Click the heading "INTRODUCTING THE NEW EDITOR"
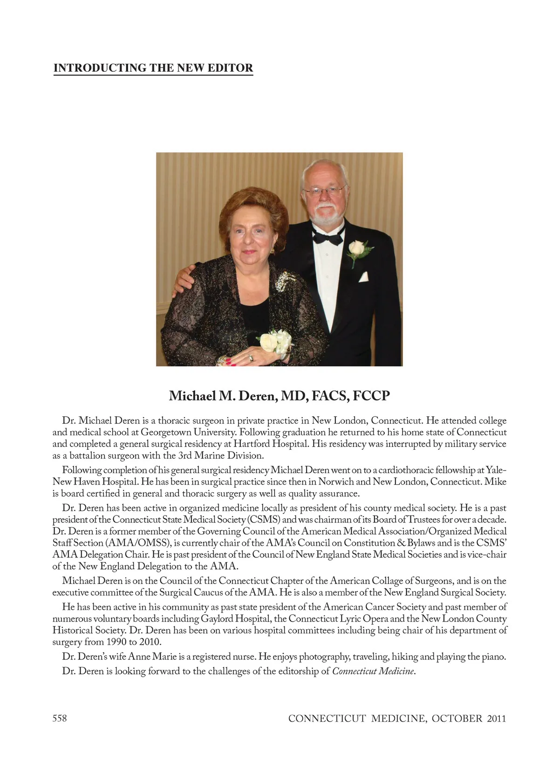153,68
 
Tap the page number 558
60,718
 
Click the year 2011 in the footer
496,718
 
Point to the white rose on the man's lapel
357,248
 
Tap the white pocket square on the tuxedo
363,277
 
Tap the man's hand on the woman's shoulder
183,280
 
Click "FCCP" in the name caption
371,396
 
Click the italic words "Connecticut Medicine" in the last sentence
373,671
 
